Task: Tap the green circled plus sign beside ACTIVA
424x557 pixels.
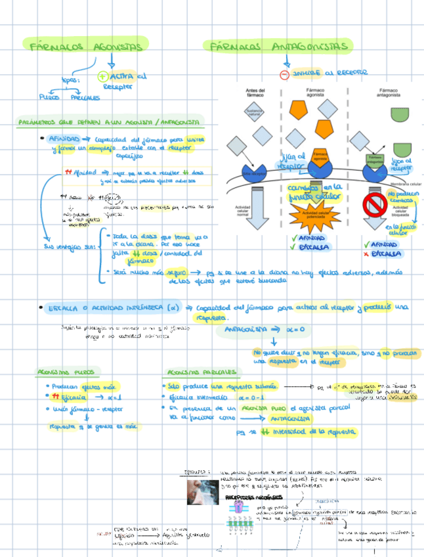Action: tap(102, 77)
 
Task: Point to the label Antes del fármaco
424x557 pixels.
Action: tap(255, 93)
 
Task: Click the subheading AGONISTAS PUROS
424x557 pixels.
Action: tap(66, 372)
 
